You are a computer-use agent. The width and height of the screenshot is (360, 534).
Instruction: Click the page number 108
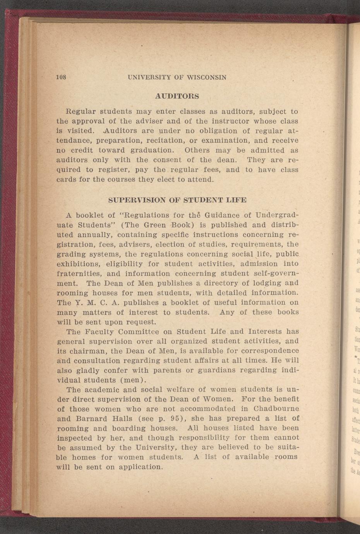[62, 77]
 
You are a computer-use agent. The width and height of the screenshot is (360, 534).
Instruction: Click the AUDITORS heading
[177, 96]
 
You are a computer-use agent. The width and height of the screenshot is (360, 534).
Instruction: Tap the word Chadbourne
[276, 409]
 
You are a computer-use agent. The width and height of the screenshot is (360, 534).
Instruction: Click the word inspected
[75, 438]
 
